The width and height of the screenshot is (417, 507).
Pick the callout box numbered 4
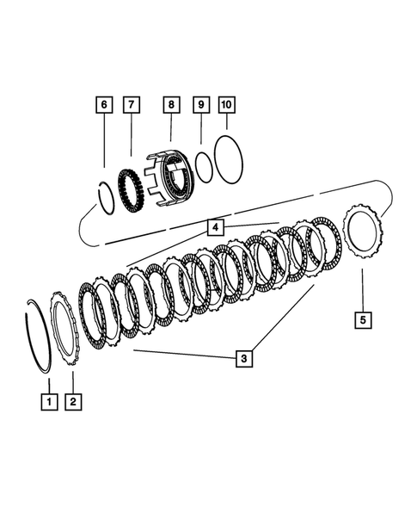214,227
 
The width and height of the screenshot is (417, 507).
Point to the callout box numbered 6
103,105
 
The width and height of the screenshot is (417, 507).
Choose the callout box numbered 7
132,105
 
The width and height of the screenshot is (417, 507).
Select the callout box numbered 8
171,105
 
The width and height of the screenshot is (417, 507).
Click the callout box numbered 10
226,105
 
